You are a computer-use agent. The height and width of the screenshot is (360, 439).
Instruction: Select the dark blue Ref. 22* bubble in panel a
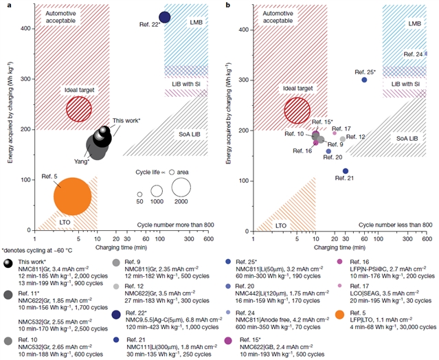point(164,16)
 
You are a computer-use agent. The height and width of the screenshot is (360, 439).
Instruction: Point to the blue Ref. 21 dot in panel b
point(346,171)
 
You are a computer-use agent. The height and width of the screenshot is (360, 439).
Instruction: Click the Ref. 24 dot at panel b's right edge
point(426,54)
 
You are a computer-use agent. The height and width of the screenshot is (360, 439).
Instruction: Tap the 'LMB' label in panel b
point(414,23)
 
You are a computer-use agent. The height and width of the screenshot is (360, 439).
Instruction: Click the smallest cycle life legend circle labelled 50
point(139,194)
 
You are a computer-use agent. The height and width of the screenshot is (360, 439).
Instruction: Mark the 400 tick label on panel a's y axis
point(27,28)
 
